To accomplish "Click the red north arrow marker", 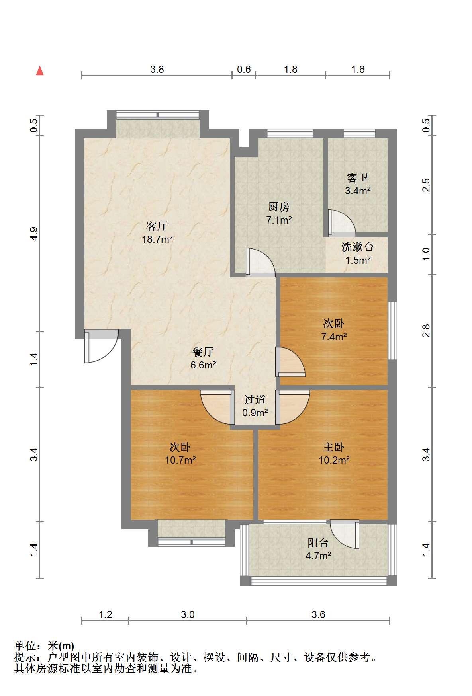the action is coord(40,71).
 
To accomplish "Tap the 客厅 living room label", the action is coord(157,226).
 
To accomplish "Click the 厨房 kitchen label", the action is coord(279,207).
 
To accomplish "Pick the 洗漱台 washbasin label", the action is coord(357,247).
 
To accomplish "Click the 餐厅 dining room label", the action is coord(203,352).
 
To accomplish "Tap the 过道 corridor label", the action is coord(255,400).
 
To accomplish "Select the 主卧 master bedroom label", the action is coord(334,447).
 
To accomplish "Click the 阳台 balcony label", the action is coord(318,542).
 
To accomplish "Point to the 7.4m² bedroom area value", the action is coord(334,337).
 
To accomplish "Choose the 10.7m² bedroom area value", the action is coord(180,460).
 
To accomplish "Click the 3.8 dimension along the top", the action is coord(157,70).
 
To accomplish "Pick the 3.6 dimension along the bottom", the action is coord(318,614).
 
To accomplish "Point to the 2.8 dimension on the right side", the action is coord(427,331).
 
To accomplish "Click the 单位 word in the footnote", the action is coord(25,645).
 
